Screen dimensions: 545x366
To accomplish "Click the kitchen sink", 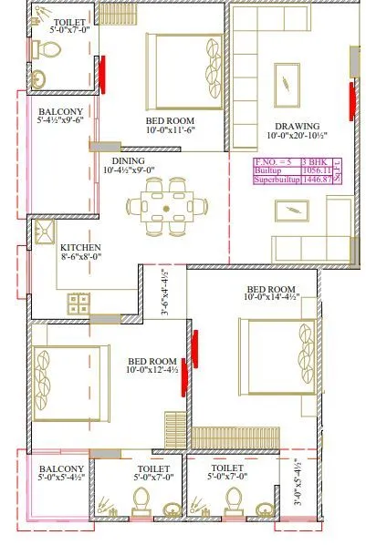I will [x=42, y=233].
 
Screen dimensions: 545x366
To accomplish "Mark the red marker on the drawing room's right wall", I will [x=352, y=100].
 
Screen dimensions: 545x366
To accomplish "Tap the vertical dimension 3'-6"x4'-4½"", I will [x=165, y=292].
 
